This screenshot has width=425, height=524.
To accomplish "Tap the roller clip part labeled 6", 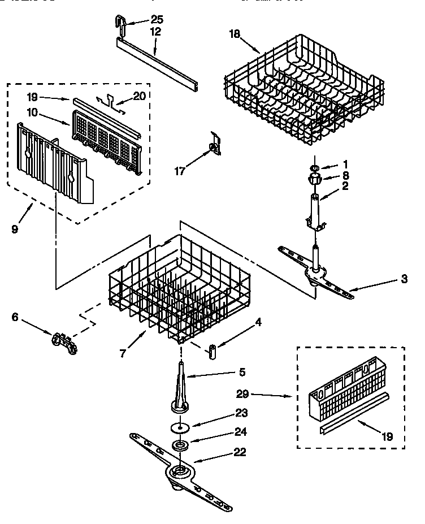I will point(64,343).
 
